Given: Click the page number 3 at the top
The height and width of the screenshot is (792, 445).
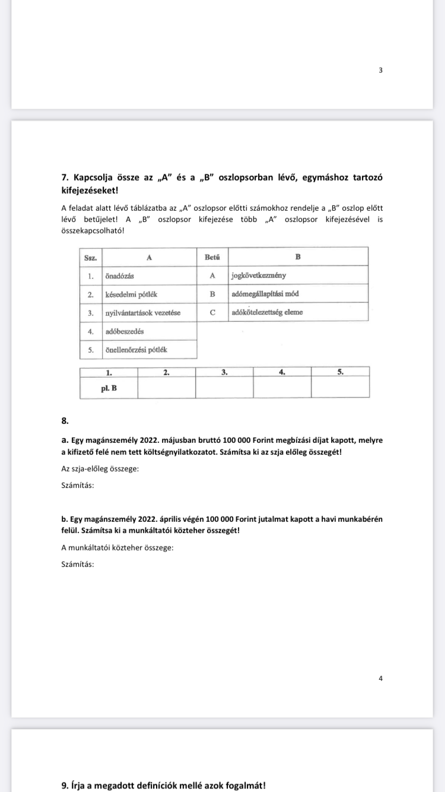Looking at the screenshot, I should [x=380, y=70].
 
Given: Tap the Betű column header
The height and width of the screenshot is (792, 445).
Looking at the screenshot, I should [x=212, y=257].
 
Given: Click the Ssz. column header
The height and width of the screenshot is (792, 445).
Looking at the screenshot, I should [x=91, y=257].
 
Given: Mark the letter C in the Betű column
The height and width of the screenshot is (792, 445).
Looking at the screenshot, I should [x=212, y=312].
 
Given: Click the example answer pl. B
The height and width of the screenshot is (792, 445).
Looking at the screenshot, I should [x=109, y=388].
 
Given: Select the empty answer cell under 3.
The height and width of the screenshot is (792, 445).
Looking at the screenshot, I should [x=224, y=388].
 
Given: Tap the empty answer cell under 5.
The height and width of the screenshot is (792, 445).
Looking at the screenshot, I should [x=340, y=388].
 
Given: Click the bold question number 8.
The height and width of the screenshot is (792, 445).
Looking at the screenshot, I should [x=65, y=421].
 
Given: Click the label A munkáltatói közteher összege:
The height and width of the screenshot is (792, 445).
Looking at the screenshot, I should [x=117, y=547].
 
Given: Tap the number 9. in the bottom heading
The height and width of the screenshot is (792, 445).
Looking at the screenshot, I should [x=65, y=785].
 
